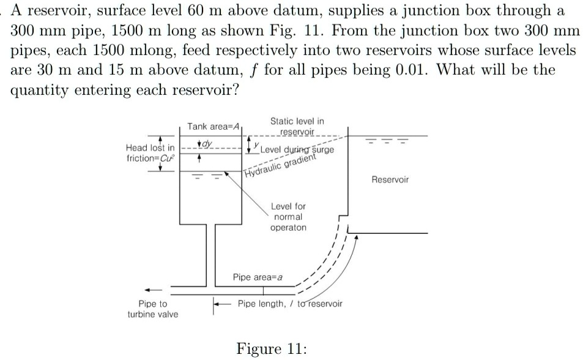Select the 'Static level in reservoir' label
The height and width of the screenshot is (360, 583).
[297, 127]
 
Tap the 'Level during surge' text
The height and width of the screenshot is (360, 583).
[296, 150]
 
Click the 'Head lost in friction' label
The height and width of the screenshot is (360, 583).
[149, 153]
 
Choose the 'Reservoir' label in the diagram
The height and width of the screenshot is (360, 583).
[390, 179]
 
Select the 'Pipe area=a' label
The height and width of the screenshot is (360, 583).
[258, 277]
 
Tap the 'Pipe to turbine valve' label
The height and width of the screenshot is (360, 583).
[152, 309]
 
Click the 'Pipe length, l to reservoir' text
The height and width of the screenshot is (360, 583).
[290, 304]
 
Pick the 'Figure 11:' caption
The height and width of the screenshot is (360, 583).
[272, 349]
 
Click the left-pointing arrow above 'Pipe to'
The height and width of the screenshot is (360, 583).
[152, 290]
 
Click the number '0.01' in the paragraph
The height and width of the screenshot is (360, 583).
[412, 69]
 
